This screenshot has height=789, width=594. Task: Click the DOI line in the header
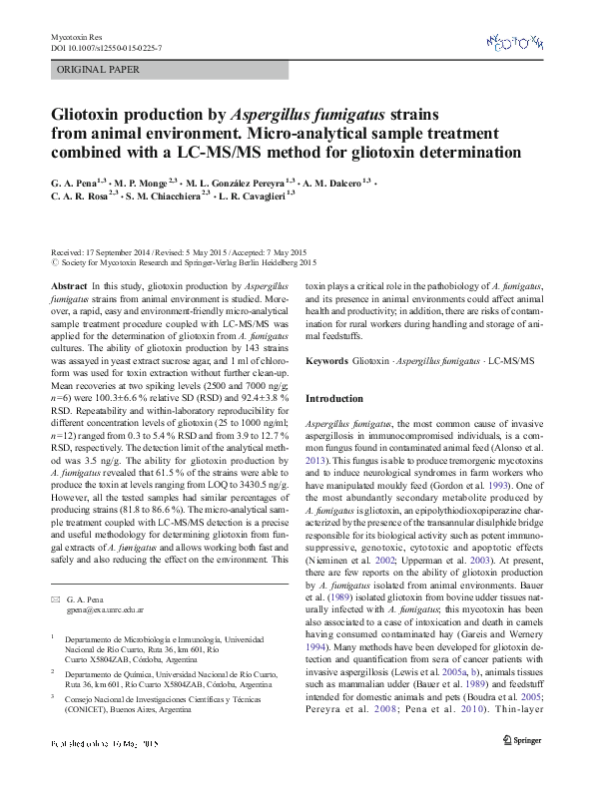coord(108,47)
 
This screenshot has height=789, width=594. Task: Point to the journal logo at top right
coord(514,42)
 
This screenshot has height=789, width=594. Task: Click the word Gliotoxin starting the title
coord(94,116)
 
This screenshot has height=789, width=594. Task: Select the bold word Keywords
coord(326,360)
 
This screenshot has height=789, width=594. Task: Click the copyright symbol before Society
coord(54,264)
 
